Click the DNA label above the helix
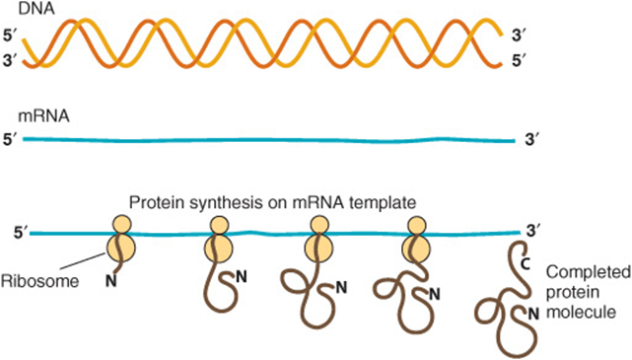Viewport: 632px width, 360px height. point(36,9)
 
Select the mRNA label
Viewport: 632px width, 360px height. point(44,116)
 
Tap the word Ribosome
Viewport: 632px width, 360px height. point(39,281)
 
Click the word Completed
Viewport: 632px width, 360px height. point(589,274)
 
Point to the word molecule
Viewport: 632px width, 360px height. point(581,313)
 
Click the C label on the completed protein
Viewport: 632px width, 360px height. point(525,263)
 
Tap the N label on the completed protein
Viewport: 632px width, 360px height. point(533,314)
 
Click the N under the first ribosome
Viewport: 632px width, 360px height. point(111,281)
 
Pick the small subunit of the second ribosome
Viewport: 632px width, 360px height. point(220,225)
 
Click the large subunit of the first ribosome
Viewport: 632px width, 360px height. point(121,249)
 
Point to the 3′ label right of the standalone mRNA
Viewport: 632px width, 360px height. point(532,140)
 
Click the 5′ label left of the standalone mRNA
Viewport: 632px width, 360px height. point(10,140)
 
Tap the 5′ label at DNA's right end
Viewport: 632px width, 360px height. point(520,61)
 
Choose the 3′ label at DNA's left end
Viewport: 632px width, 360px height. point(10,63)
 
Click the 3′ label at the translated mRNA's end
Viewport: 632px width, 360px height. point(533,231)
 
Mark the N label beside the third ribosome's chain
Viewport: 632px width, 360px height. point(341,287)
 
